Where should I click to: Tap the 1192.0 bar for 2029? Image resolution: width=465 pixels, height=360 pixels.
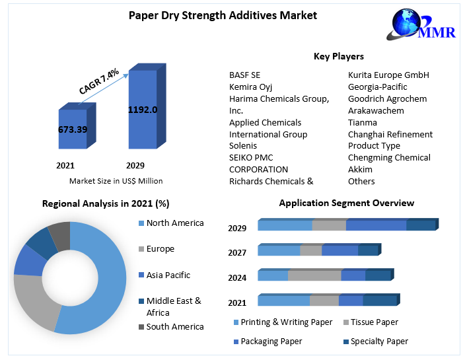[142, 109]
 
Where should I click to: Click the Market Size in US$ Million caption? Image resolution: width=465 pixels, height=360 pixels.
[116, 180]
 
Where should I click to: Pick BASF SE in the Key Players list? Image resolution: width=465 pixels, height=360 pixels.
[245, 75]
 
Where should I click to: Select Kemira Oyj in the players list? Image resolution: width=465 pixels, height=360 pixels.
[251, 87]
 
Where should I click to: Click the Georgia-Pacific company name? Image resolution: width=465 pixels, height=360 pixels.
[378, 87]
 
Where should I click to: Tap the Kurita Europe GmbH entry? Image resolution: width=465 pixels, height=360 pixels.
[388, 75]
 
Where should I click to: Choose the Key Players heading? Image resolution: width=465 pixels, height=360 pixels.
[338, 56]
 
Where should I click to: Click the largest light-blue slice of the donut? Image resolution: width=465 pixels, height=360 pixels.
[106, 277]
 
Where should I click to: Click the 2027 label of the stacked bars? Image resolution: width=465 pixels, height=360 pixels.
[237, 252]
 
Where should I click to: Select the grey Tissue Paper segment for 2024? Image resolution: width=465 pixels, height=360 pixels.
[314, 275]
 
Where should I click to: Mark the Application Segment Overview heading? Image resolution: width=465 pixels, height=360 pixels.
[347, 203]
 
